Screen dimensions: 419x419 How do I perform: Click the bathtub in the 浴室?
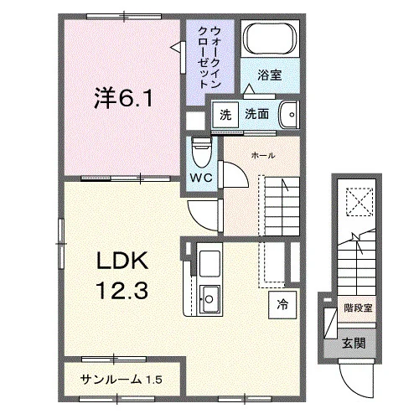coord(270,39)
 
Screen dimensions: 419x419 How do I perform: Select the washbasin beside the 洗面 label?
coord(289,115)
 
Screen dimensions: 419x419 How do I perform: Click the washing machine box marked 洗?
coord(225,115)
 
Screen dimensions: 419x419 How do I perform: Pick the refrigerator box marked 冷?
coord(282,305)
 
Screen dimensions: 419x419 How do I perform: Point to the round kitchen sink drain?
coord(209,299)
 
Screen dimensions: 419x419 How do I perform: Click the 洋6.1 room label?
coord(123,98)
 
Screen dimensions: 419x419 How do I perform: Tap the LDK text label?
coord(122,261)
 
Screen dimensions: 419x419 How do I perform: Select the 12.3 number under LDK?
coord(122,290)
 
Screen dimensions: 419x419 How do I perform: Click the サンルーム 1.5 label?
coord(121,380)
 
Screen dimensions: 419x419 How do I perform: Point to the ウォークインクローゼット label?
coord(209,57)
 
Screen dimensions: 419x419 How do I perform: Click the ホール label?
coord(263,155)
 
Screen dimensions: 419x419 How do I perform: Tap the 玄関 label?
coord(354,344)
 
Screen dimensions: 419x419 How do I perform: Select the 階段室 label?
coord(358,308)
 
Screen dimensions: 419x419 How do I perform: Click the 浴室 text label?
coord(269,75)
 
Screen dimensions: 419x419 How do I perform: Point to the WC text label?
coord(201,178)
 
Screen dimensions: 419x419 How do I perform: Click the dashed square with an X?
coord(360,202)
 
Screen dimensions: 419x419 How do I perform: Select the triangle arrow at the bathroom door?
coord(249,89)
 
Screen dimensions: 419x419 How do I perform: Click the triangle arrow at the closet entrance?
coord(176,48)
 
